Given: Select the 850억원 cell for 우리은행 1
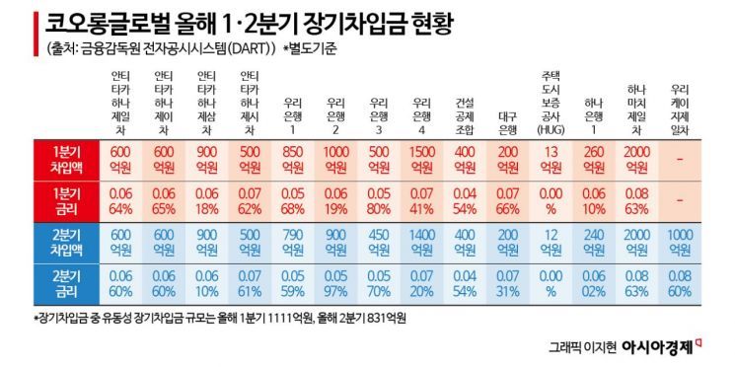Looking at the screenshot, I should click(x=293, y=158).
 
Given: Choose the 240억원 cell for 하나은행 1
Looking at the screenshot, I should click(x=593, y=241).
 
